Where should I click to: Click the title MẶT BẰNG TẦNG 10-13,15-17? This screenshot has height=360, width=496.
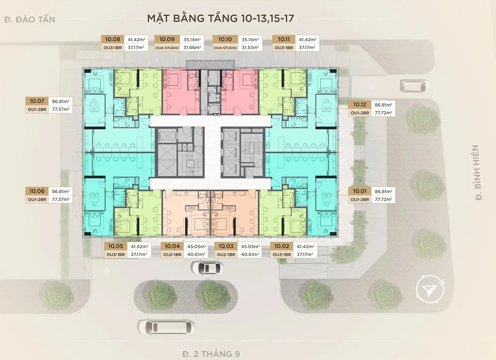pyautogui.click(x=221, y=18)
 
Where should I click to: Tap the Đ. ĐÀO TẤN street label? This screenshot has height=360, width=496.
pyautogui.click(x=30, y=19)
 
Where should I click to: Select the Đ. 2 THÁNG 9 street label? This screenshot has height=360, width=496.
pyautogui.click(x=211, y=354)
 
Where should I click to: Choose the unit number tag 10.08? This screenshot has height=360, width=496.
pyautogui.click(x=113, y=39)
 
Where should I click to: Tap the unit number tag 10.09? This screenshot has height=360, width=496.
pyautogui.click(x=167, y=39)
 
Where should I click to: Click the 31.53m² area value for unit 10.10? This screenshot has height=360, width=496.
pyautogui.click(x=250, y=48)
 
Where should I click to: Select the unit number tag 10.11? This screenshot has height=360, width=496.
pyautogui.click(x=284, y=39)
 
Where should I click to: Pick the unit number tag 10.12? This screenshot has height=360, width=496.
pyautogui.click(x=360, y=105)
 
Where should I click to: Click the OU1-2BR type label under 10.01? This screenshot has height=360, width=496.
pyautogui.click(x=360, y=200)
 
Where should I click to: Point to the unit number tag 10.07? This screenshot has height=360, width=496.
pyautogui.click(x=37, y=101)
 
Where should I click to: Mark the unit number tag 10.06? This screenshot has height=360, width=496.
pyautogui.click(x=37, y=191)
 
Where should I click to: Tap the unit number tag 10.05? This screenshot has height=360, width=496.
pyautogui.click(x=116, y=246)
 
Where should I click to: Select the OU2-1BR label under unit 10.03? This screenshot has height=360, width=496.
pyautogui.click(x=226, y=254)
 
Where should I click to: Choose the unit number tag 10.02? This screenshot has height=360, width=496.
pyautogui.click(x=282, y=246)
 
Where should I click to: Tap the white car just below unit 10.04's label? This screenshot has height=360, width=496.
pyautogui.click(x=207, y=268)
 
